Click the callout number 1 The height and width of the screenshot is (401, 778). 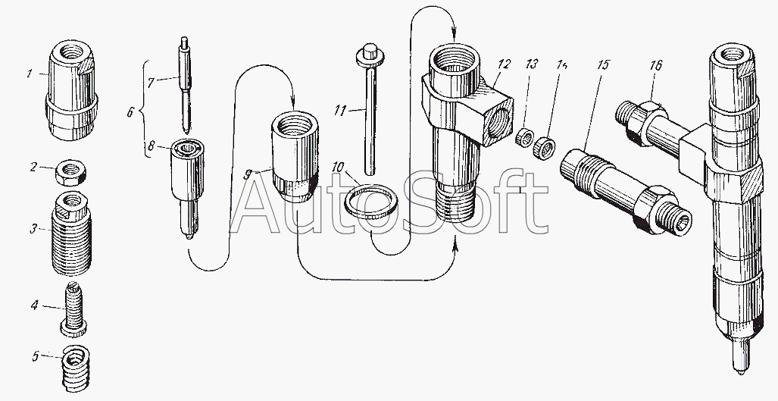pos(29,74)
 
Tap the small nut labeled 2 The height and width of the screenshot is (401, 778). pos(70,174)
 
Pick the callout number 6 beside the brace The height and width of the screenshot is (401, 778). pos(130,113)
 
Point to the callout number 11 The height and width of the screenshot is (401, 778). pos(340,111)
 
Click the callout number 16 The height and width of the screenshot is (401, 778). pos(655,66)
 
